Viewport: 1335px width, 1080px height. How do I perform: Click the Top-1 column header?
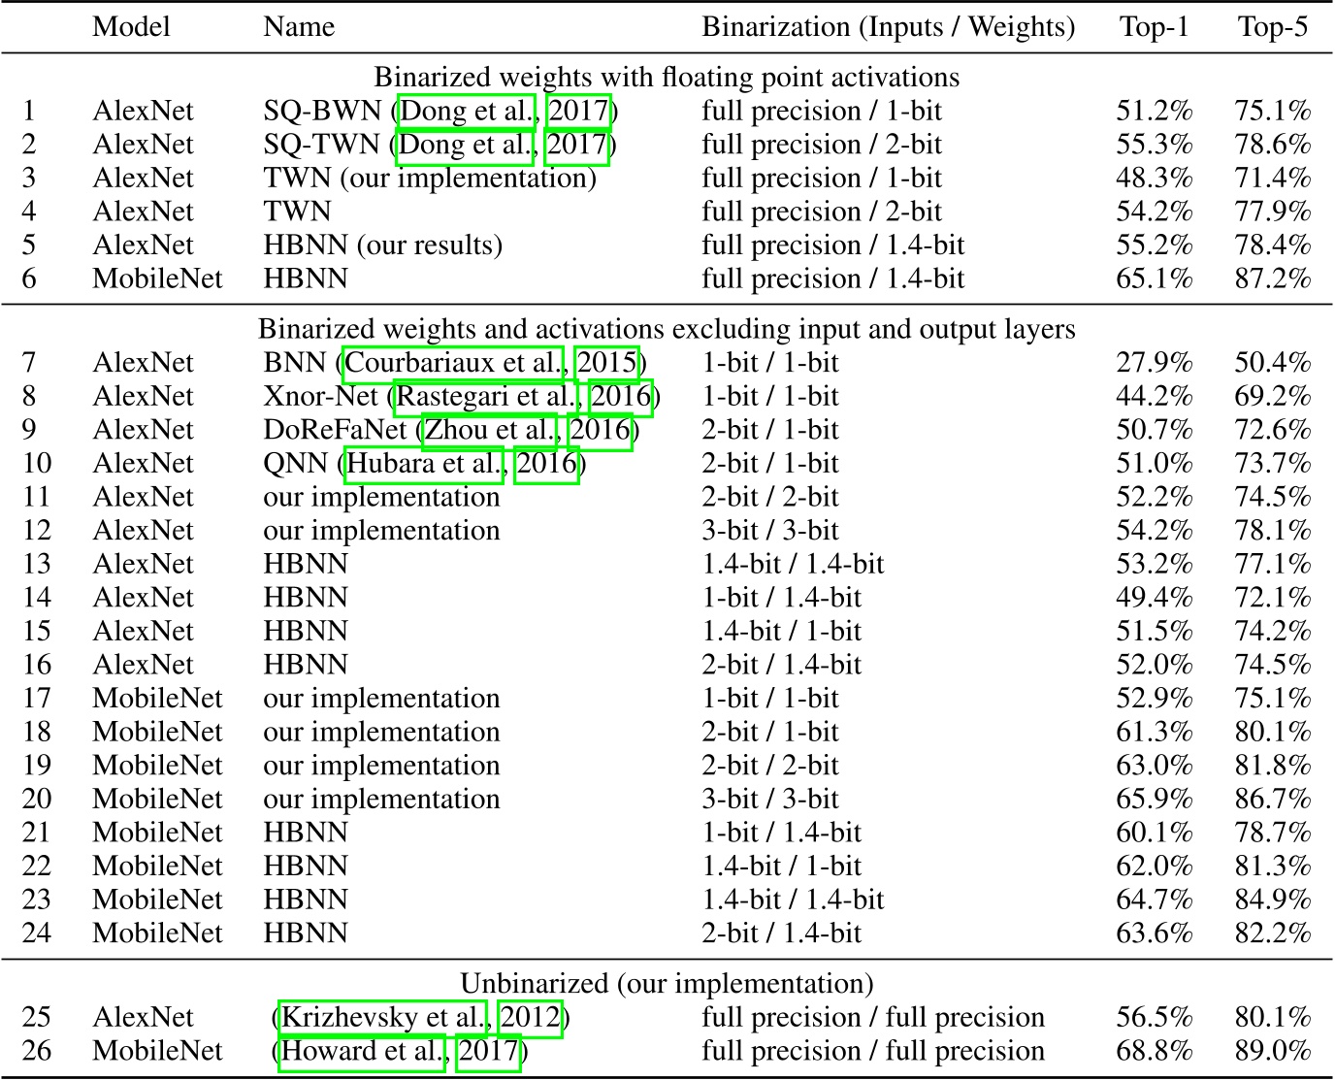point(1154,26)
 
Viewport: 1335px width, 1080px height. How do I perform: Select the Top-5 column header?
point(1272,26)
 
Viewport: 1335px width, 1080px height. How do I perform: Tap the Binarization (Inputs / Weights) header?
point(888,26)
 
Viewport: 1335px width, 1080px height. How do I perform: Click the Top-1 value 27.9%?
point(1154,363)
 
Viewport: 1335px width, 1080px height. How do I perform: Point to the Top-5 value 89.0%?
point(1272,1051)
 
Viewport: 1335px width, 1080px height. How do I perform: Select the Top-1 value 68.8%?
point(1154,1051)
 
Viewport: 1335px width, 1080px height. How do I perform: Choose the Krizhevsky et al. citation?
point(382,1017)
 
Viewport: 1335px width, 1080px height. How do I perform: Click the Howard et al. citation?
point(362,1051)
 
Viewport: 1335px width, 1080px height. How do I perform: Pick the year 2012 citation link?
point(530,1017)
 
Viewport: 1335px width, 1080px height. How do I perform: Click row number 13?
point(37,564)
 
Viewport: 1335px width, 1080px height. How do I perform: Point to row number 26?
point(37,1051)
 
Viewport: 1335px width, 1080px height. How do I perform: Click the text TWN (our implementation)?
point(429,179)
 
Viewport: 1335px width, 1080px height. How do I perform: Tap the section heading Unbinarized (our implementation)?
point(667,984)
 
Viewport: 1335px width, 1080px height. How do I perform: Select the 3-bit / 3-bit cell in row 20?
point(770,800)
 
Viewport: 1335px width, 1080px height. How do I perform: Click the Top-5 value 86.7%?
point(1272,800)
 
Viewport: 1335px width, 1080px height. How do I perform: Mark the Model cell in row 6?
point(157,279)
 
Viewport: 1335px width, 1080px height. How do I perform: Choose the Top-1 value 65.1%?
point(1154,279)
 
